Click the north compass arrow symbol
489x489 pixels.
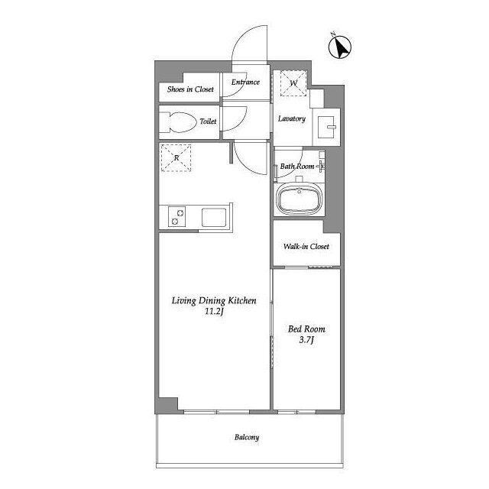[340, 47]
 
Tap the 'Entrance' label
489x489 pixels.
[245, 82]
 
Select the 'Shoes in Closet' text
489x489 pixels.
[190, 89]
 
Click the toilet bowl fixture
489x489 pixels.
[178, 122]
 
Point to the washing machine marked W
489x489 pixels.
[293, 83]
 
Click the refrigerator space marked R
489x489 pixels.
[176, 158]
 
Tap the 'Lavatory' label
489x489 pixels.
[292, 118]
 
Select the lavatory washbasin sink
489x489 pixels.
[326, 127]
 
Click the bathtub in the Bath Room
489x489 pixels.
[299, 199]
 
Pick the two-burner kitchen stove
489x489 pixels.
[176, 216]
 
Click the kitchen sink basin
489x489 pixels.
[214, 217]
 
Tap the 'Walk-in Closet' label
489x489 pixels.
[306, 246]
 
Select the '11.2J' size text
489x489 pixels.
[214, 311]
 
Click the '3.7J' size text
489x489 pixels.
[306, 339]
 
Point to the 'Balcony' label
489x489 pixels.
[247, 437]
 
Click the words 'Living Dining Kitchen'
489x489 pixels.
[214, 300]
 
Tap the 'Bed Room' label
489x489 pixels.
[306, 329]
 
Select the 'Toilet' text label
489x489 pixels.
[208, 121]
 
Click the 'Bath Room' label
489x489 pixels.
[297, 167]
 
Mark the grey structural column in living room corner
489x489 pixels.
[168, 405]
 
